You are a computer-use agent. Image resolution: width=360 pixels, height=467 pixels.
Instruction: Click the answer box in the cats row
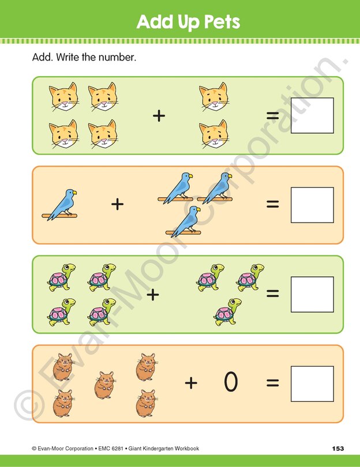(x=312, y=116)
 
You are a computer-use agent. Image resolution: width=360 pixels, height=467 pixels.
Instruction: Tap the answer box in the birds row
(x=312, y=205)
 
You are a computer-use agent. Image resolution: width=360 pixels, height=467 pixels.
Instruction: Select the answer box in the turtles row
(x=312, y=295)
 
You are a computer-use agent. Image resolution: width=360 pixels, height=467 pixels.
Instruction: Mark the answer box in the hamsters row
(x=312, y=384)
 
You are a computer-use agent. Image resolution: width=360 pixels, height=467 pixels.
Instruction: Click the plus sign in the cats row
(x=159, y=116)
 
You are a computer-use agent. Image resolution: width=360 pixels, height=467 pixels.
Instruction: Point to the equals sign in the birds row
(x=272, y=204)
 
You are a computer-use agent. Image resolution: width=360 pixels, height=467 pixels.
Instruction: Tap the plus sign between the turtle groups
(x=152, y=295)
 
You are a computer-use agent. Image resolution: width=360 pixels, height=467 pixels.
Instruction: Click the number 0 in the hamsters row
(x=231, y=382)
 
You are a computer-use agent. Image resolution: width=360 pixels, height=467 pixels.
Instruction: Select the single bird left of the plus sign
(x=62, y=205)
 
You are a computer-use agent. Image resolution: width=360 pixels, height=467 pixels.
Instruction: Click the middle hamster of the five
(x=104, y=385)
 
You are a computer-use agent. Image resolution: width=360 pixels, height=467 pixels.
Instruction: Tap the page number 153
(x=338, y=449)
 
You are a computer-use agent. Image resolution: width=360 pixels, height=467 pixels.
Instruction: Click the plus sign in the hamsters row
(x=191, y=382)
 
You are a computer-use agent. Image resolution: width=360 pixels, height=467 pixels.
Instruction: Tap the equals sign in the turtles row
(x=272, y=294)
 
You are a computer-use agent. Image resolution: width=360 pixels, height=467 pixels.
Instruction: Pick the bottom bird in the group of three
(x=185, y=222)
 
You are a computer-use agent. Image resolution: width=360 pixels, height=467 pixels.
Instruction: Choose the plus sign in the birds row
(x=118, y=204)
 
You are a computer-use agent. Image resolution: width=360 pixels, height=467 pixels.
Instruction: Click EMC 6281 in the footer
(x=102, y=449)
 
